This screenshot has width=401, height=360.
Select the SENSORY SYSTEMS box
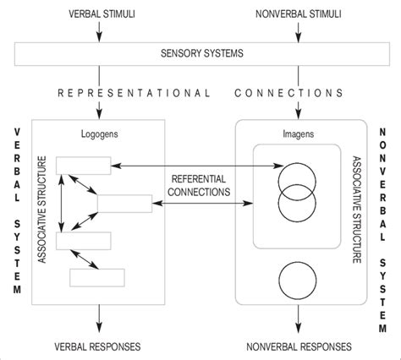[200, 54]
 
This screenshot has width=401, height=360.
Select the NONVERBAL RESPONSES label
[297, 346]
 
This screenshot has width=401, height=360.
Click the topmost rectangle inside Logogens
[83, 166]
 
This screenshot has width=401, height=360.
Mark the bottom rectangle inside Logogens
[96, 276]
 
